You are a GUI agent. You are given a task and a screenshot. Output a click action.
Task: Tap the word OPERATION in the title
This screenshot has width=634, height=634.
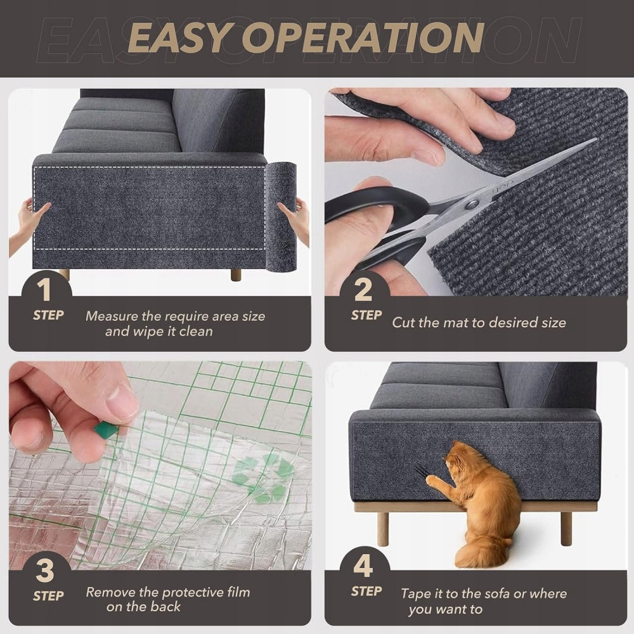pos(363,37)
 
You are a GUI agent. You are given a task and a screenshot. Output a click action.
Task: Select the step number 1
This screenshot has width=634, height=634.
pos(44,290)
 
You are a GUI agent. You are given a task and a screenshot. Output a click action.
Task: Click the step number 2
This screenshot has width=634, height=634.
pos(363,290)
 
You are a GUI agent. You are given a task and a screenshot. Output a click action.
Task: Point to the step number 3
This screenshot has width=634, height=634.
pos(44,571)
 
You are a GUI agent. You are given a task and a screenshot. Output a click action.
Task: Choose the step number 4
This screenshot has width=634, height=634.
pos(363,566)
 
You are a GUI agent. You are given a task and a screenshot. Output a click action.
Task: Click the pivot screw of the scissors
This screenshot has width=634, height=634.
pos(471,205)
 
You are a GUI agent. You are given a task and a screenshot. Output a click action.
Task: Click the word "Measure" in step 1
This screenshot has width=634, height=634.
pos(111,316)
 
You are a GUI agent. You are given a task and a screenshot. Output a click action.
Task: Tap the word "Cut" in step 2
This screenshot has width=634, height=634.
pos(403,322)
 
